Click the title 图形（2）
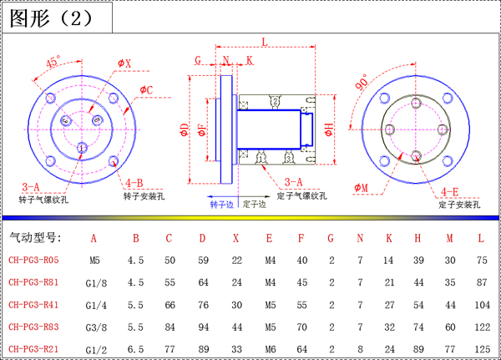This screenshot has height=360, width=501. coord(51,18)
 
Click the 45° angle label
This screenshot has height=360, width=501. coord(53,62)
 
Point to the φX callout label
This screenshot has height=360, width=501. coord(124,63)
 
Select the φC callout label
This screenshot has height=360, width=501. coord(146,90)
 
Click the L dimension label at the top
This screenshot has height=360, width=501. coord(265,42)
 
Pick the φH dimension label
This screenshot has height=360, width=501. coord(328,129)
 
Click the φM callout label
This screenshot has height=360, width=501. coord(361,188)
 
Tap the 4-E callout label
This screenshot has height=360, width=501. coord(450,192)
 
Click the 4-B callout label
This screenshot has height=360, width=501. coord(134,183)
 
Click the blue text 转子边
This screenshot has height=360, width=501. coord(222,205)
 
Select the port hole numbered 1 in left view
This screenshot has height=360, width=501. coord(82,148)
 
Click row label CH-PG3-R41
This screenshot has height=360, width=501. coord(33,305)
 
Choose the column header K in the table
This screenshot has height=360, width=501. coord(389,238)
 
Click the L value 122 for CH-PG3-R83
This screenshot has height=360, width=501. coord(482,327)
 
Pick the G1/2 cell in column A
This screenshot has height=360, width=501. coord(96,350)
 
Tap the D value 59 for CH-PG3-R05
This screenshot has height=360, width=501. coord(203,261)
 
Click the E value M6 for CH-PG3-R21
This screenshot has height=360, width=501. coord(270,349)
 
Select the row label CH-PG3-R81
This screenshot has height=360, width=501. coord(33,282)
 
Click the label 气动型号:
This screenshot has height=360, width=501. coord(35,237)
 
